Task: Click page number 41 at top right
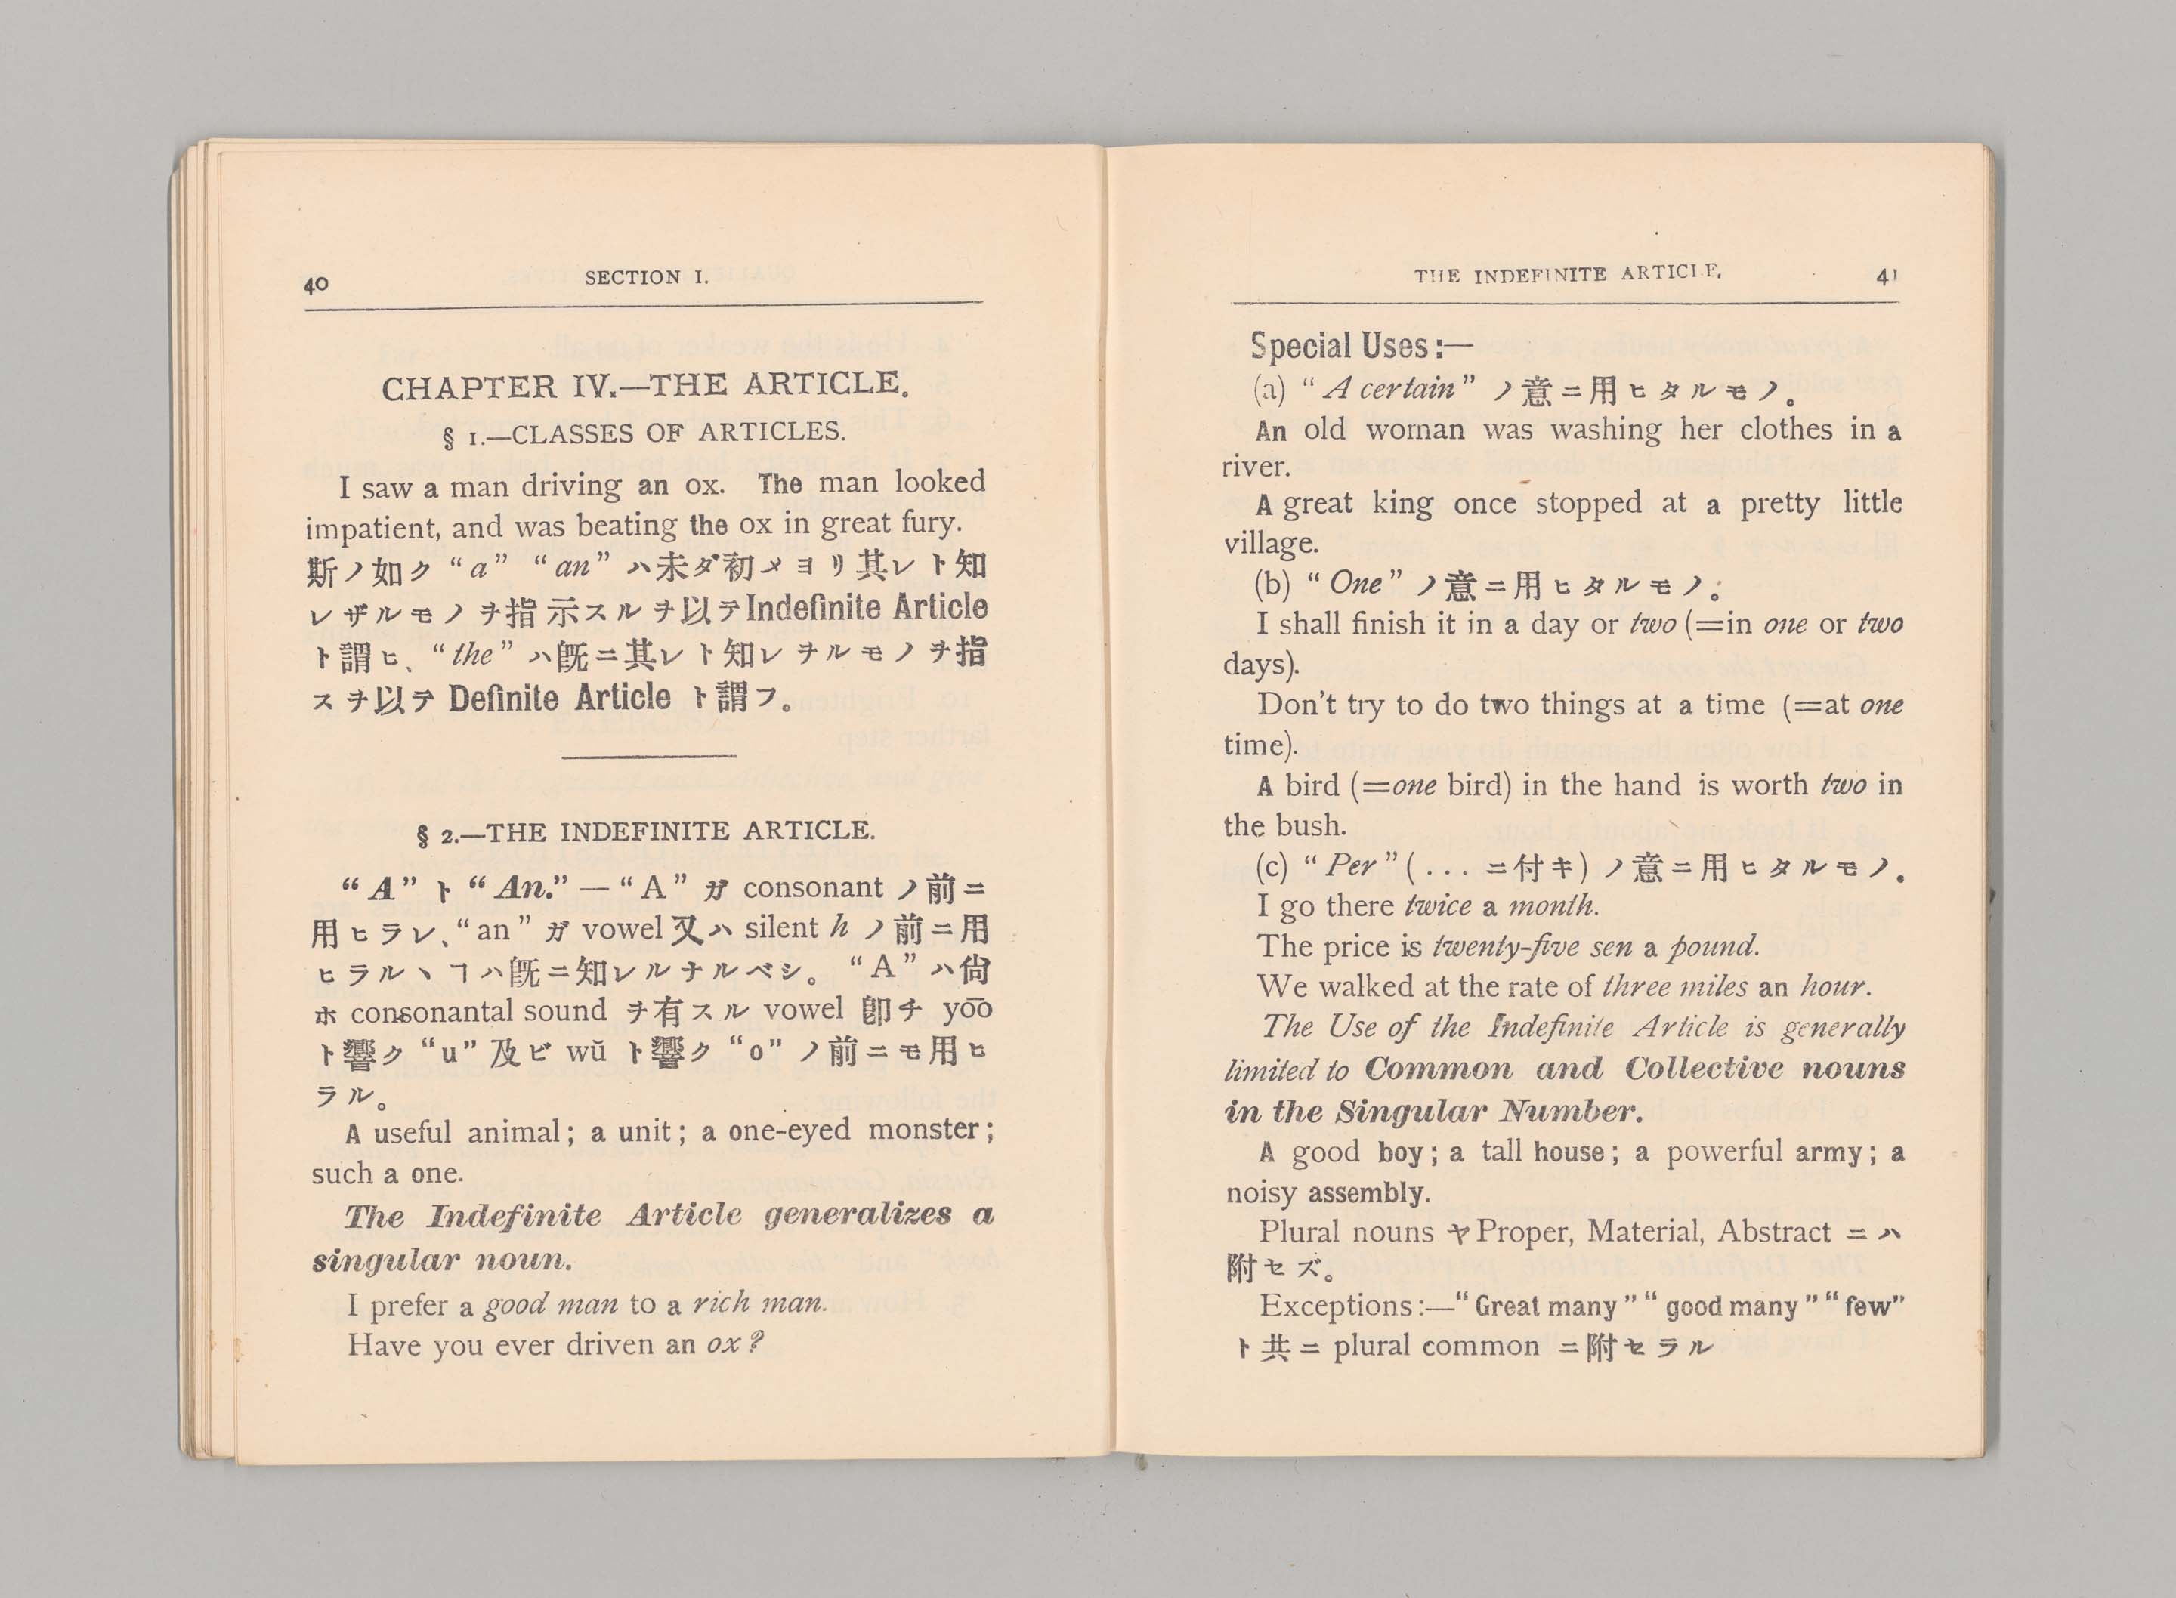[1887, 276]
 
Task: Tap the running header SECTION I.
[645, 278]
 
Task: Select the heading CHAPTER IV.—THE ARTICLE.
[645, 386]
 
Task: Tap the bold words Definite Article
[559, 698]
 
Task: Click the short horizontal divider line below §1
[649, 755]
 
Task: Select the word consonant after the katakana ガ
[813, 887]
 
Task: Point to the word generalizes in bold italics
[858, 1215]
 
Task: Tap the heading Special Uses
[1349, 347]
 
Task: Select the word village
[1270, 543]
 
